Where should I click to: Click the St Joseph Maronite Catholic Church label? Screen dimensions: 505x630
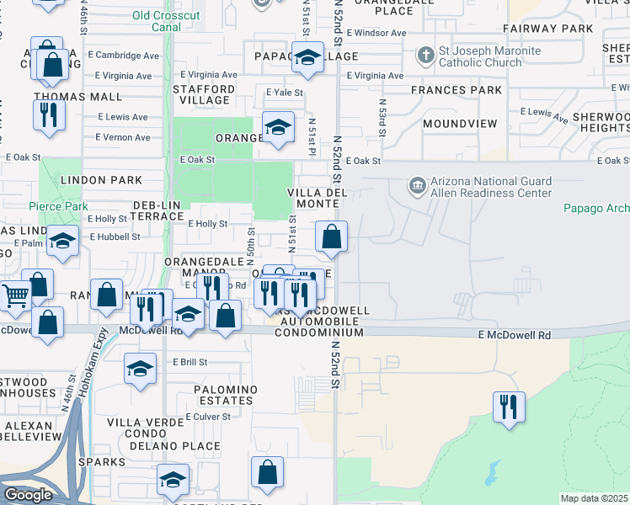479,56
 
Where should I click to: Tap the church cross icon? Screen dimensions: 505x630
426,56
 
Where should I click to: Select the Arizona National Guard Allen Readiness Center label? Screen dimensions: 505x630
490,186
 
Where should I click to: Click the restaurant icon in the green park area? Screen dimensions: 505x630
509,408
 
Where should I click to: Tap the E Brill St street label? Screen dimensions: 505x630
190,362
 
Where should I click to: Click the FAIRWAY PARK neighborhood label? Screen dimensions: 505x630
548,29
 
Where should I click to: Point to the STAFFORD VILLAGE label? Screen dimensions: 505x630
204,94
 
